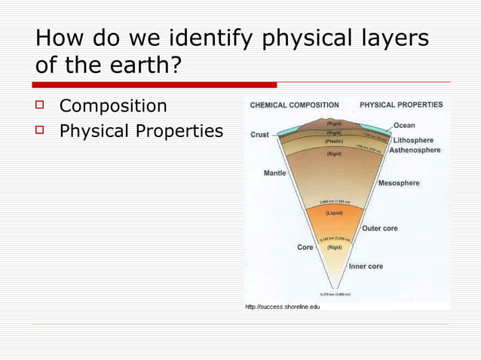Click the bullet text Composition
coord(113,105)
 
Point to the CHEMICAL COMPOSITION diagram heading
coord(294,105)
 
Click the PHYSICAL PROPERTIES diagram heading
coord(401,105)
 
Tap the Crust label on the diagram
coord(259,135)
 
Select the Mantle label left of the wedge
coord(274,173)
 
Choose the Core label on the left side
coord(305,246)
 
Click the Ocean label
coord(404,126)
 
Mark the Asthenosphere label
coord(415,150)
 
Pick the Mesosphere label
coord(399,183)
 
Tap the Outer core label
coord(380,228)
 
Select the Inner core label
coord(366,266)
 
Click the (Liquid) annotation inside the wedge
coord(334,213)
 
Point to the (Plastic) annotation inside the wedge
coord(334,141)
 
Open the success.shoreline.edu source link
coord(283,307)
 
